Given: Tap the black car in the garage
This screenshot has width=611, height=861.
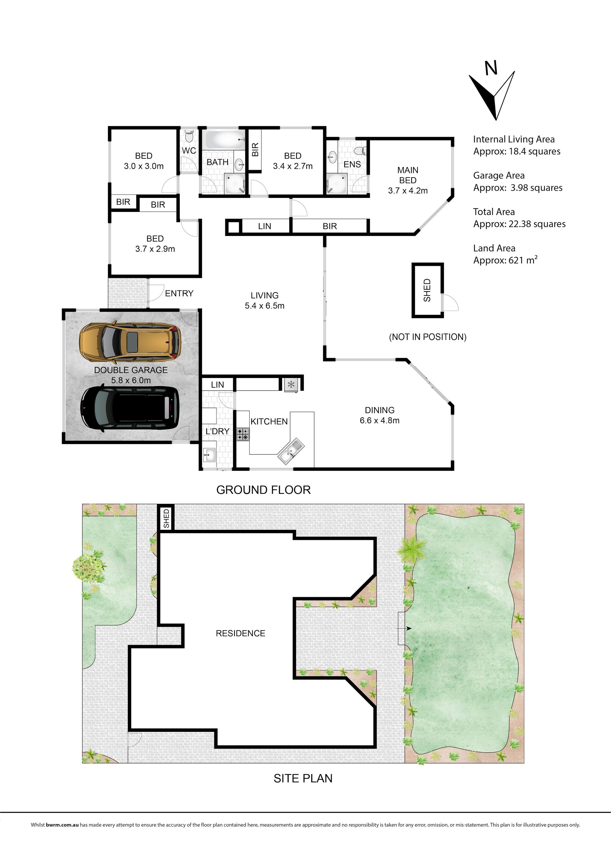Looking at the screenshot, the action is click(x=130, y=409).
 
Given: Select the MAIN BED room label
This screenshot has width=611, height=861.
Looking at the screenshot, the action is click(x=408, y=180).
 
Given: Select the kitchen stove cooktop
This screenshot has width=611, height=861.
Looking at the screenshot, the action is click(x=243, y=434).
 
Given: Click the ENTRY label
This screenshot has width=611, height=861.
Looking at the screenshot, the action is click(x=179, y=293).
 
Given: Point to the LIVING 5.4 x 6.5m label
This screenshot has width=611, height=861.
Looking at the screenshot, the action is click(x=264, y=300).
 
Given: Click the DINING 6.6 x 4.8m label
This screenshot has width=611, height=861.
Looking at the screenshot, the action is click(x=380, y=415).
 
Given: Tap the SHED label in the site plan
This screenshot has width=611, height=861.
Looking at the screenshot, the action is click(x=166, y=518).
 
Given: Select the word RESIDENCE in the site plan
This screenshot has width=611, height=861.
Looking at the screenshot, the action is click(x=240, y=633).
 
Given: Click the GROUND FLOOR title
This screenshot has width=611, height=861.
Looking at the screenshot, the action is click(x=263, y=490).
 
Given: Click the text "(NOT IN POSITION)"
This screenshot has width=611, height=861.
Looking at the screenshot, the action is click(x=428, y=337).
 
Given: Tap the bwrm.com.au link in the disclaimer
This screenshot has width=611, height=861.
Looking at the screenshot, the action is click(x=62, y=825).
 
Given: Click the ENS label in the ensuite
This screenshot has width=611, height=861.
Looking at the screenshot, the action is click(x=352, y=164).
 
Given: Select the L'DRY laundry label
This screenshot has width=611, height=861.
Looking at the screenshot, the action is click(x=217, y=431).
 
